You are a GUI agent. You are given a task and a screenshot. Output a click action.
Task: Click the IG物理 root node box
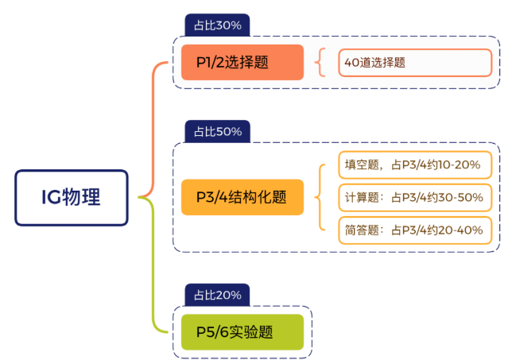coord(71,197)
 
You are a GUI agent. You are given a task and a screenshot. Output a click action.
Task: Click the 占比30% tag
coord(217,25)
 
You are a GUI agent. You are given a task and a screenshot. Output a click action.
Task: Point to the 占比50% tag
coord(217,131)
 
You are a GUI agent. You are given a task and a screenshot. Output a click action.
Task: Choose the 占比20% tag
coord(217,296)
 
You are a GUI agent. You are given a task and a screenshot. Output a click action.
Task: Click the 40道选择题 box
coord(415,63)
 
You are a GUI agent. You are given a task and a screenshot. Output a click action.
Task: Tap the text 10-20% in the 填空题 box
coord(462,165)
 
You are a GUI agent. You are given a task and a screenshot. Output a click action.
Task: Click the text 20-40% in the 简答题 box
coord(461,230)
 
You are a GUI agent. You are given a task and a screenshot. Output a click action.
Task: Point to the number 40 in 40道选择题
coord(351,63)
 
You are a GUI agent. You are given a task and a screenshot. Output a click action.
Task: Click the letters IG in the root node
coord(52,197)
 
